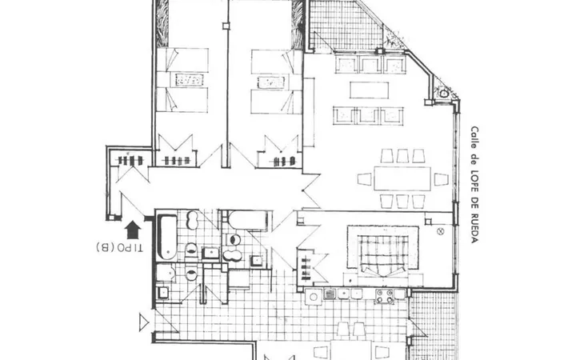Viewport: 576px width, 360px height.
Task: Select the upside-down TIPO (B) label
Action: tap(119, 247)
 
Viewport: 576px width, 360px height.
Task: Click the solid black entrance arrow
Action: tap(133, 230)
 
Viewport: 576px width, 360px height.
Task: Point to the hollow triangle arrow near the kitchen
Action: tap(144, 323)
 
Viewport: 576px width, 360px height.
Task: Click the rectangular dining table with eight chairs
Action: tap(402, 178)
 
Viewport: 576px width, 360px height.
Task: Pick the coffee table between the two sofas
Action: tap(369, 90)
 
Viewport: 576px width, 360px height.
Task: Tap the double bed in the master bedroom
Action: tap(383, 252)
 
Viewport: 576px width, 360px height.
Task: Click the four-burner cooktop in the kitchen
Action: tap(384, 296)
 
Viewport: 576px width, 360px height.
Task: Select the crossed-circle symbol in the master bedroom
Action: tap(441, 231)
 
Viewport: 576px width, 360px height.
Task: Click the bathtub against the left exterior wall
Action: tap(167, 238)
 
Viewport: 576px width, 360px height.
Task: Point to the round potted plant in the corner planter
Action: tap(444, 93)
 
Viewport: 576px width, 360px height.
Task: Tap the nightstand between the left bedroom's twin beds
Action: tap(189, 80)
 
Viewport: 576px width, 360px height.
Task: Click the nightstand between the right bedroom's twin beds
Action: tap(271, 82)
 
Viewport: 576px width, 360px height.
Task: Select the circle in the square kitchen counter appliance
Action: tap(314, 297)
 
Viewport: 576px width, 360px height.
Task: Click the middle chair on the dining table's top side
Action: tap(402, 156)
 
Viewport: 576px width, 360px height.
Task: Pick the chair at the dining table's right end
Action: tap(441, 179)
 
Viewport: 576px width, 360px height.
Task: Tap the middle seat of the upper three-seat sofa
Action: tap(370, 64)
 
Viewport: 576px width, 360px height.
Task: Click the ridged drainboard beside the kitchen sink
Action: tap(330, 294)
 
